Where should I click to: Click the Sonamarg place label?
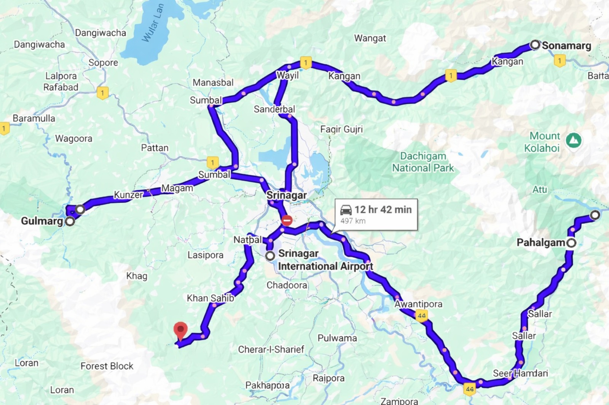click(x=566, y=46)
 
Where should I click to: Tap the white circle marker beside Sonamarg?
click(x=535, y=45)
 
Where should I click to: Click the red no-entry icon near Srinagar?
click(x=287, y=220)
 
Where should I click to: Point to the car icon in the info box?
click(x=346, y=210)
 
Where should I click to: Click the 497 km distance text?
click(x=353, y=221)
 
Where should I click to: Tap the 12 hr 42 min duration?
click(x=383, y=209)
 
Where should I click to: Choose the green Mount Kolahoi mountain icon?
click(x=573, y=141)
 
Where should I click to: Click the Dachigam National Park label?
click(x=423, y=162)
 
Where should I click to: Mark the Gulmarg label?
click(x=42, y=221)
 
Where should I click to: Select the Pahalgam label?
click(x=540, y=242)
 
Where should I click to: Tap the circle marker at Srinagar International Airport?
click(x=270, y=256)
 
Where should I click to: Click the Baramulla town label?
click(x=34, y=118)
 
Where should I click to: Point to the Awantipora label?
click(x=418, y=304)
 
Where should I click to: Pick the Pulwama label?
click(x=337, y=338)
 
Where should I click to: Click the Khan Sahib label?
click(x=210, y=298)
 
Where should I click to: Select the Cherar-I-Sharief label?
click(x=271, y=349)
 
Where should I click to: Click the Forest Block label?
click(x=107, y=366)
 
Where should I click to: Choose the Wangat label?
click(x=370, y=38)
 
